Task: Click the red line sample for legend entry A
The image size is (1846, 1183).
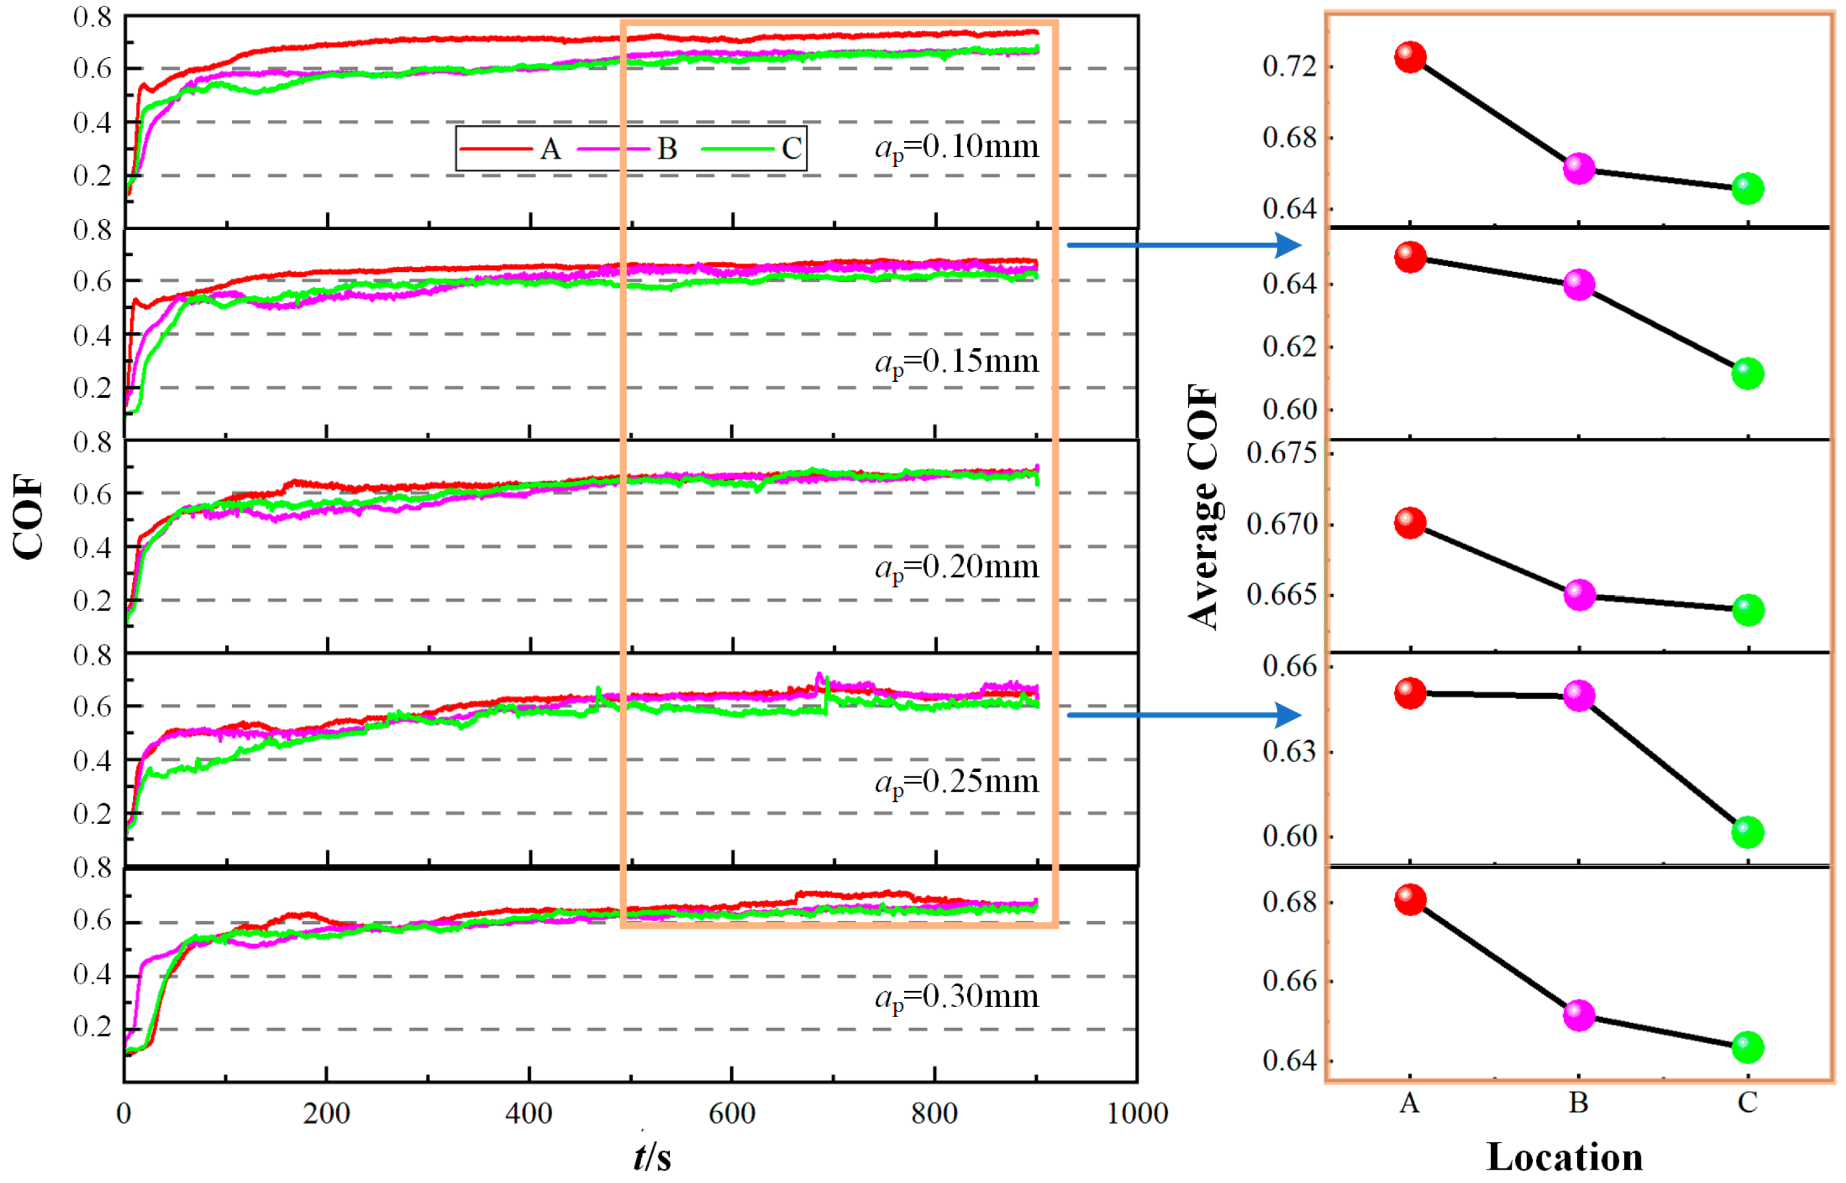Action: click(496, 148)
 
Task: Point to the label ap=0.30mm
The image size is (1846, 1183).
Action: click(956, 997)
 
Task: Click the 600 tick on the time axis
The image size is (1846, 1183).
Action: click(731, 1113)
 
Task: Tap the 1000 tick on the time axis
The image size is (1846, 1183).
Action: click(1136, 1113)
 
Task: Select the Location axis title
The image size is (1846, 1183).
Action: click(1564, 1157)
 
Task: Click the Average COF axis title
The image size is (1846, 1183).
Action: click(1203, 507)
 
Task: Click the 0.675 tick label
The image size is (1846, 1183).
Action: click(1281, 453)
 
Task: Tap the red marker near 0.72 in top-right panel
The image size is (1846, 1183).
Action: click(1409, 58)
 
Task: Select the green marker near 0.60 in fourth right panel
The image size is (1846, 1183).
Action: click(1747, 832)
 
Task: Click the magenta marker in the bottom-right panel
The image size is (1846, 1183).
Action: click(1578, 1015)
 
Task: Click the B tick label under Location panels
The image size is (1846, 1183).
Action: click(1578, 1103)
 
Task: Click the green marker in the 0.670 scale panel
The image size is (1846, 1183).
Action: click(1747, 610)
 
